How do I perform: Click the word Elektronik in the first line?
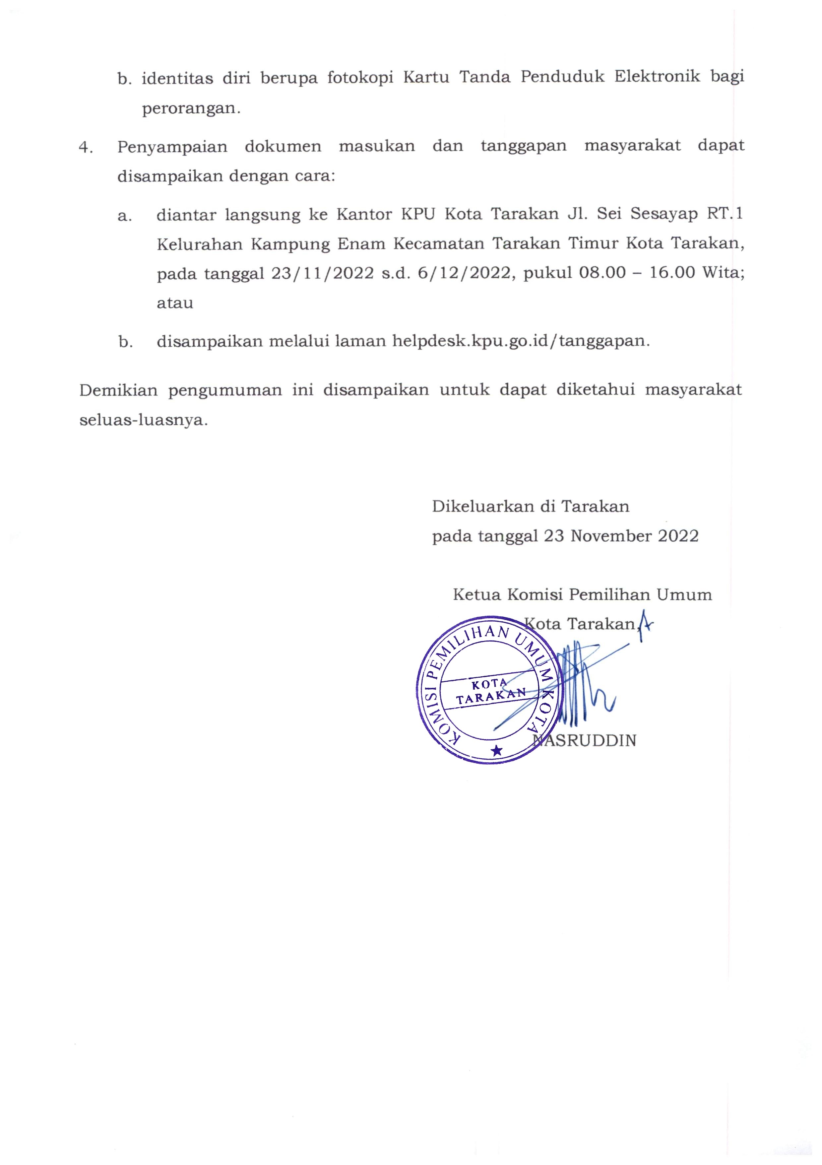click(x=657, y=77)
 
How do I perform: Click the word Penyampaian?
click(x=172, y=147)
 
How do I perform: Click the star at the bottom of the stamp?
click(x=497, y=750)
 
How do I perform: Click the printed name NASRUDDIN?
click(x=584, y=741)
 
